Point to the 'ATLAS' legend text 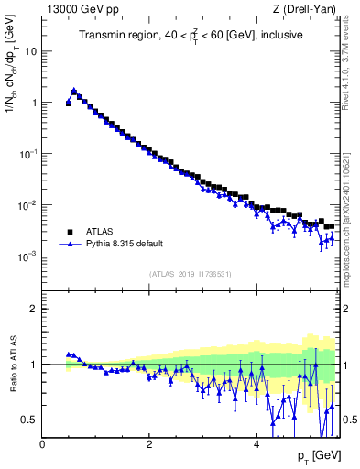(99, 233)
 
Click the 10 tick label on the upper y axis (30, 51)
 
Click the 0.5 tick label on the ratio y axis (28, 420)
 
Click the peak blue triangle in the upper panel (74, 91)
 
